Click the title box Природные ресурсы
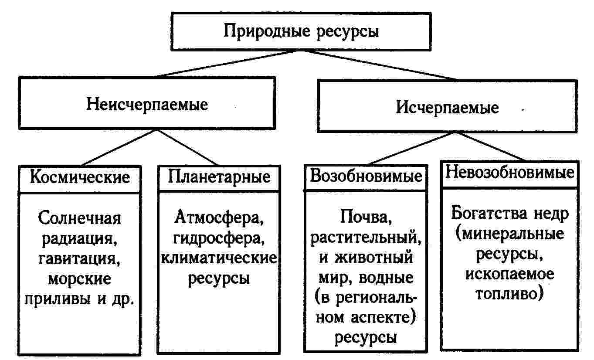point(301,32)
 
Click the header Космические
point(80,177)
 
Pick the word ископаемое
point(509,275)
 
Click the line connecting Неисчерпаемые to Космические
point(117,147)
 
